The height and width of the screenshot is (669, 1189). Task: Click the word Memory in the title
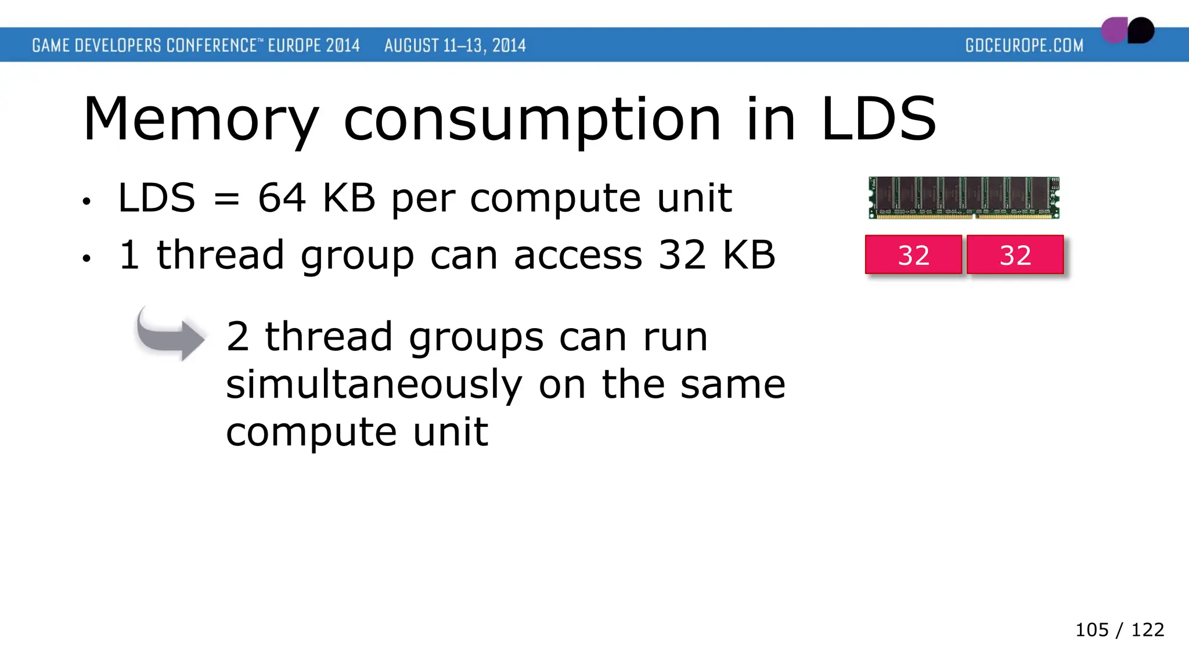[x=201, y=120]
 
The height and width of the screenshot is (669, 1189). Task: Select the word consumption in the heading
[x=532, y=120]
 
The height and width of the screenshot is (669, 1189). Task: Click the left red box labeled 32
[x=913, y=255]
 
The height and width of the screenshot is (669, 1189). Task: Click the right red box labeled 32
[x=1015, y=255]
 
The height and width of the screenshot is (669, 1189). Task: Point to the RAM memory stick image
[x=964, y=198]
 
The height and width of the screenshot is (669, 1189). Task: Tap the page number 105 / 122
[x=1119, y=630]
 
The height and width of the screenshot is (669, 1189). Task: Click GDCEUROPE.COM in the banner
[x=1024, y=45]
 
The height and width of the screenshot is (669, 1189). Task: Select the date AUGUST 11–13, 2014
[x=455, y=45]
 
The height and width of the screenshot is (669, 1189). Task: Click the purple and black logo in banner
[x=1127, y=30]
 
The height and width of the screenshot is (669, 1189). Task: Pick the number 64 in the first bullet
[x=282, y=198]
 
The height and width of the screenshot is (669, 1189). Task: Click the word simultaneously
[x=374, y=385]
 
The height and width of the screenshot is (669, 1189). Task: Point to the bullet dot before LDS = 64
[x=87, y=202]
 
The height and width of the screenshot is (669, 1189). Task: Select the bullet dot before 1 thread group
[x=87, y=258]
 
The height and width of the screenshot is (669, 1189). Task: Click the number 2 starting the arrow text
[x=237, y=337]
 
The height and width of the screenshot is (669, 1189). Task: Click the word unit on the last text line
[x=451, y=432]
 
